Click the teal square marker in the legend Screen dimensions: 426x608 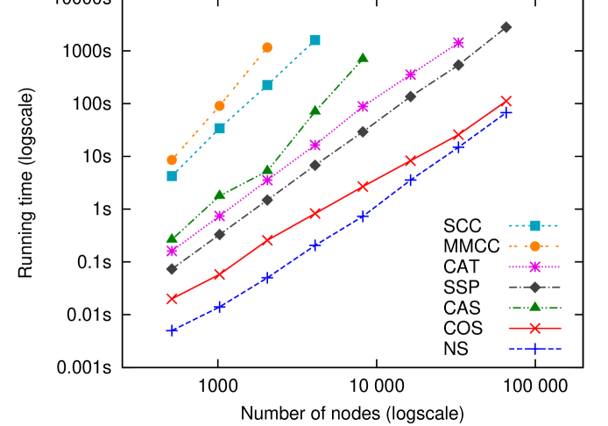[534, 225]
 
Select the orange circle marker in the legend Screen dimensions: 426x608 [534, 246]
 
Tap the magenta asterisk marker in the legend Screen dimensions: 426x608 [534, 266]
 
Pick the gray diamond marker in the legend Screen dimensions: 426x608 [534, 287]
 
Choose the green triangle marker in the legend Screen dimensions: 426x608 [534, 307]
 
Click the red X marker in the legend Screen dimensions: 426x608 [534, 328]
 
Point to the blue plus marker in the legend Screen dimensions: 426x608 [534, 348]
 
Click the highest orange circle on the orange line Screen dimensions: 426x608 [267, 47]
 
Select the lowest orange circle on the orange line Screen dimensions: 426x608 [172, 160]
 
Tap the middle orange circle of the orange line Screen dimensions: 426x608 [220, 106]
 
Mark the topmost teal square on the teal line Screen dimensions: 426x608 [315, 40]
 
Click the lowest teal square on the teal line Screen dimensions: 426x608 [172, 176]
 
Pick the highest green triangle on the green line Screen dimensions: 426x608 [363, 58]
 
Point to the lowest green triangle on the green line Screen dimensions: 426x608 [172, 238]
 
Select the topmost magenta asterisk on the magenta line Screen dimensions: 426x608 [458, 42]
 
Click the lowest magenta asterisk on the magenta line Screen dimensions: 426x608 [172, 251]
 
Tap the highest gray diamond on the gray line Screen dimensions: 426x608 [506, 27]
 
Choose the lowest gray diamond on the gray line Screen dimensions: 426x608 [172, 268]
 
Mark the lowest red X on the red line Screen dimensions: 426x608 [172, 298]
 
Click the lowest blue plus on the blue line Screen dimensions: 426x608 [172, 330]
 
